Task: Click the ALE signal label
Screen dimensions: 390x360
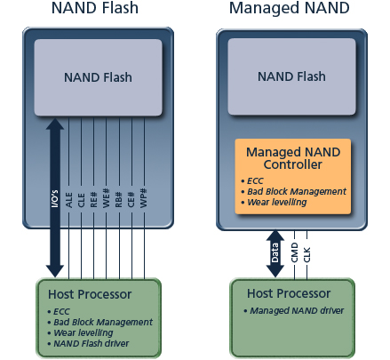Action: click(69, 200)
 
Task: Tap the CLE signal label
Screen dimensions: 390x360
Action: click(82, 200)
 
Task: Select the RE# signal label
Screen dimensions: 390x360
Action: click(94, 199)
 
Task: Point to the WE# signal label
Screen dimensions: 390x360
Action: click(107, 198)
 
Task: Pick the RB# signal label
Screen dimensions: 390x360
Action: click(119, 199)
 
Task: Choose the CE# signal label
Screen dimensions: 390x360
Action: click(131, 199)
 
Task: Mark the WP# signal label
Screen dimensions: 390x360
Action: click(144, 198)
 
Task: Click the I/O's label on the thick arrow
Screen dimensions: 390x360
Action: click(55, 198)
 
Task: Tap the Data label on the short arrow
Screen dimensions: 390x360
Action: click(275, 252)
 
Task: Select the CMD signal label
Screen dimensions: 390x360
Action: click(294, 252)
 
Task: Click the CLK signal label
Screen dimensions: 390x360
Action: click(306, 254)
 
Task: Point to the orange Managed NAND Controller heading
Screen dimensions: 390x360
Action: click(293, 158)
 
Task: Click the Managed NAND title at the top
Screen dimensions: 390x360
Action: click(290, 8)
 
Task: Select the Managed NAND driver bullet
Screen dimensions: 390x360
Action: click(294, 310)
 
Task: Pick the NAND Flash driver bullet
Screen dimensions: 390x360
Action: click(88, 343)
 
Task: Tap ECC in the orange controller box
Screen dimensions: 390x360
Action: click(252, 180)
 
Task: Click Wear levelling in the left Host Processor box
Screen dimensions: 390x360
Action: click(80, 332)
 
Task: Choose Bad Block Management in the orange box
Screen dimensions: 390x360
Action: click(294, 192)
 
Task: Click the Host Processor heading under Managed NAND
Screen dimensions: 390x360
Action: click(289, 293)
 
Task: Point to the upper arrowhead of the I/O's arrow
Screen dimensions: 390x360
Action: click(55, 124)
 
